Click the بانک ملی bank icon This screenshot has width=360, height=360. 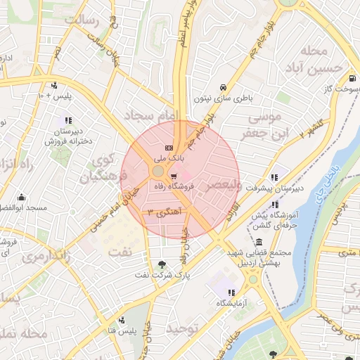pos(168,148)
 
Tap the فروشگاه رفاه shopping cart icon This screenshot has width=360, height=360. pos(174,176)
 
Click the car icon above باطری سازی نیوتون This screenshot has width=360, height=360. pos(223,86)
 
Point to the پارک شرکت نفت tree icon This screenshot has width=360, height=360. pos(163,264)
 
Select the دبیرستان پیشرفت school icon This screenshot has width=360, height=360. pos(274,177)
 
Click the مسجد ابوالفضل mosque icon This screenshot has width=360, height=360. pos(22,197)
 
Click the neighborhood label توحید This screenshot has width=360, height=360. pos(193,328)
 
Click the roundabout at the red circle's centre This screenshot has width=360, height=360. pos(158,172)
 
